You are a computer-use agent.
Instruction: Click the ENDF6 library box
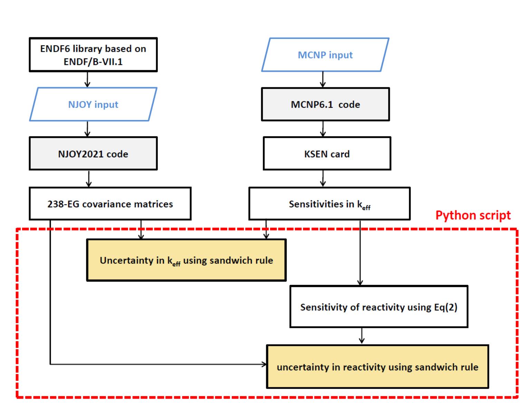[x=93, y=54]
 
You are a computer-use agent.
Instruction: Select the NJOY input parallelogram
[x=93, y=104]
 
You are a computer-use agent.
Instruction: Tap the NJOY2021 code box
[x=93, y=153]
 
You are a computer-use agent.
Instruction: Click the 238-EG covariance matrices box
[x=110, y=204]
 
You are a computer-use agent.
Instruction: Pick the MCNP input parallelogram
[x=325, y=55]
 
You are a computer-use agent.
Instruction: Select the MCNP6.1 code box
[x=325, y=104]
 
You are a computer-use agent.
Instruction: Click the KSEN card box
[x=327, y=154]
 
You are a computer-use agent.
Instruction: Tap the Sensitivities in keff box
[x=329, y=204]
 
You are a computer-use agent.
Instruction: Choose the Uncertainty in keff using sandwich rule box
[x=186, y=260]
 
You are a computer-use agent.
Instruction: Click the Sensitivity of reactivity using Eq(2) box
[x=378, y=307]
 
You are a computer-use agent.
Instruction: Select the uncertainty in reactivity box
[x=377, y=367]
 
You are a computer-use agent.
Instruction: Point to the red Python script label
[x=473, y=215]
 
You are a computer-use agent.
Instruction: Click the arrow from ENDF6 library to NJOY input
[x=87, y=79]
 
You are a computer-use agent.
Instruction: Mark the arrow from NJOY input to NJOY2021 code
[x=87, y=129]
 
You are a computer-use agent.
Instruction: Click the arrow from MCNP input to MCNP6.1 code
[x=323, y=79]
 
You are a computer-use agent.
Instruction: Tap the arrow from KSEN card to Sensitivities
[x=323, y=178]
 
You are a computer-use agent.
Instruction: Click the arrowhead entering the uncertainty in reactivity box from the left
[x=264, y=364]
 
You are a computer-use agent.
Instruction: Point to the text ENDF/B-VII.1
[x=93, y=62]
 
